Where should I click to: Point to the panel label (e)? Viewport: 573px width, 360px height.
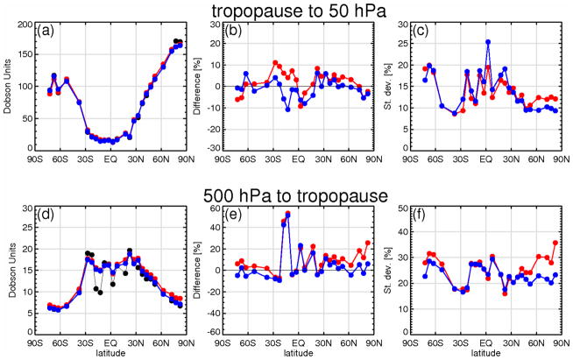[x=242, y=215]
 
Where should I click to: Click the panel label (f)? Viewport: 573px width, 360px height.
[x=435, y=215]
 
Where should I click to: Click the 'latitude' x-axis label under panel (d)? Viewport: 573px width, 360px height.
[x=110, y=353]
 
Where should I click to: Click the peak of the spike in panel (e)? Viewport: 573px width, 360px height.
[x=287, y=213]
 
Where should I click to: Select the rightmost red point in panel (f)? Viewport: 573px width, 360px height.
[x=555, y=243]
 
